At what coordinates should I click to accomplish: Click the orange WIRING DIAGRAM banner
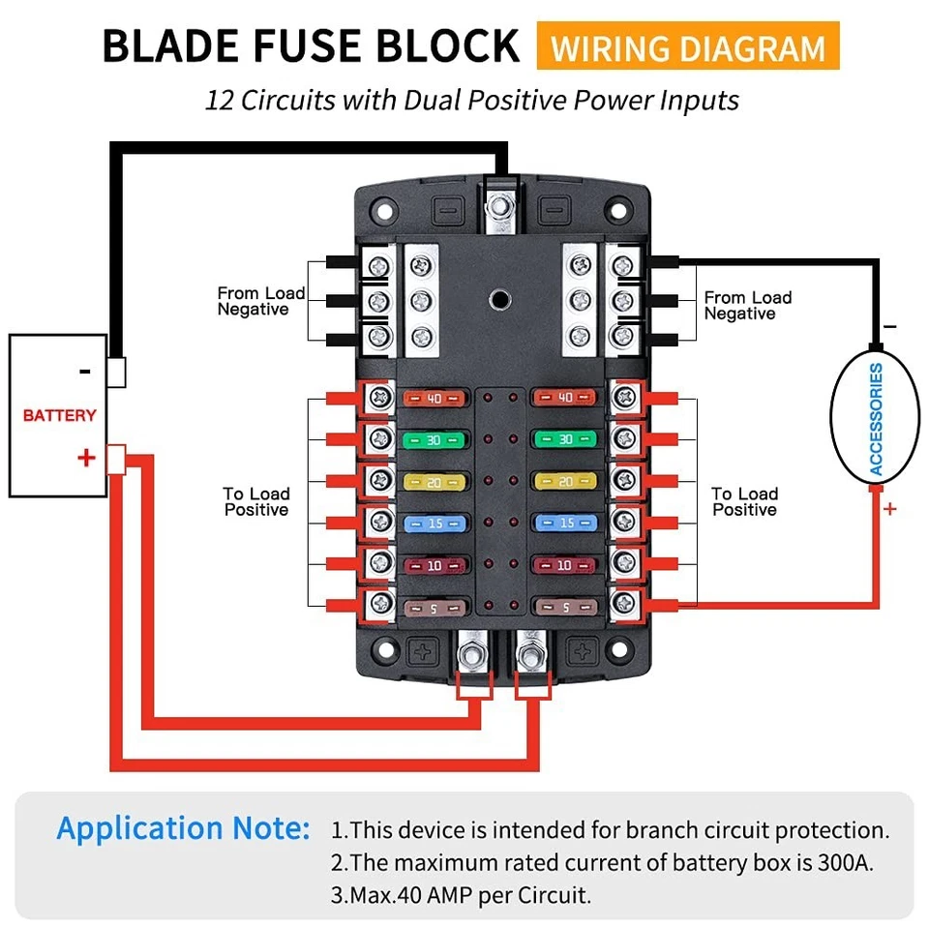click(x=688, y=47)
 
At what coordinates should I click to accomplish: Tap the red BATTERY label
click(x=59, y=415)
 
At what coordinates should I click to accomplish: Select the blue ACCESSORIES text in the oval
click(x=876, y=419)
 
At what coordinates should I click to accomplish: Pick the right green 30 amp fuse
click(x=564, y=439)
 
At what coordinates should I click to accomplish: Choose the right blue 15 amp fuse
click(x=564, y=523)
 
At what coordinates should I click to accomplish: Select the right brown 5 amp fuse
click(x=564, y=607)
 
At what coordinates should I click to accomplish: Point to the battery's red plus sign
click(x=86, y=457)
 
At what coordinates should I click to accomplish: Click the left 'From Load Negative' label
click(x=260, y=301)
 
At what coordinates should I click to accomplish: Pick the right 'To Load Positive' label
click(x=744, y=501)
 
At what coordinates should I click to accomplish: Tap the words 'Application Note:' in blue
click(x=183, y=828)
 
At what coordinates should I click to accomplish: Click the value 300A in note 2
click(x=842, y=862)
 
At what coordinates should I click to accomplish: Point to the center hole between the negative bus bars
click(x=499, y=297)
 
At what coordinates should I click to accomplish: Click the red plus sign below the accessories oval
click(x=889, y=509)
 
